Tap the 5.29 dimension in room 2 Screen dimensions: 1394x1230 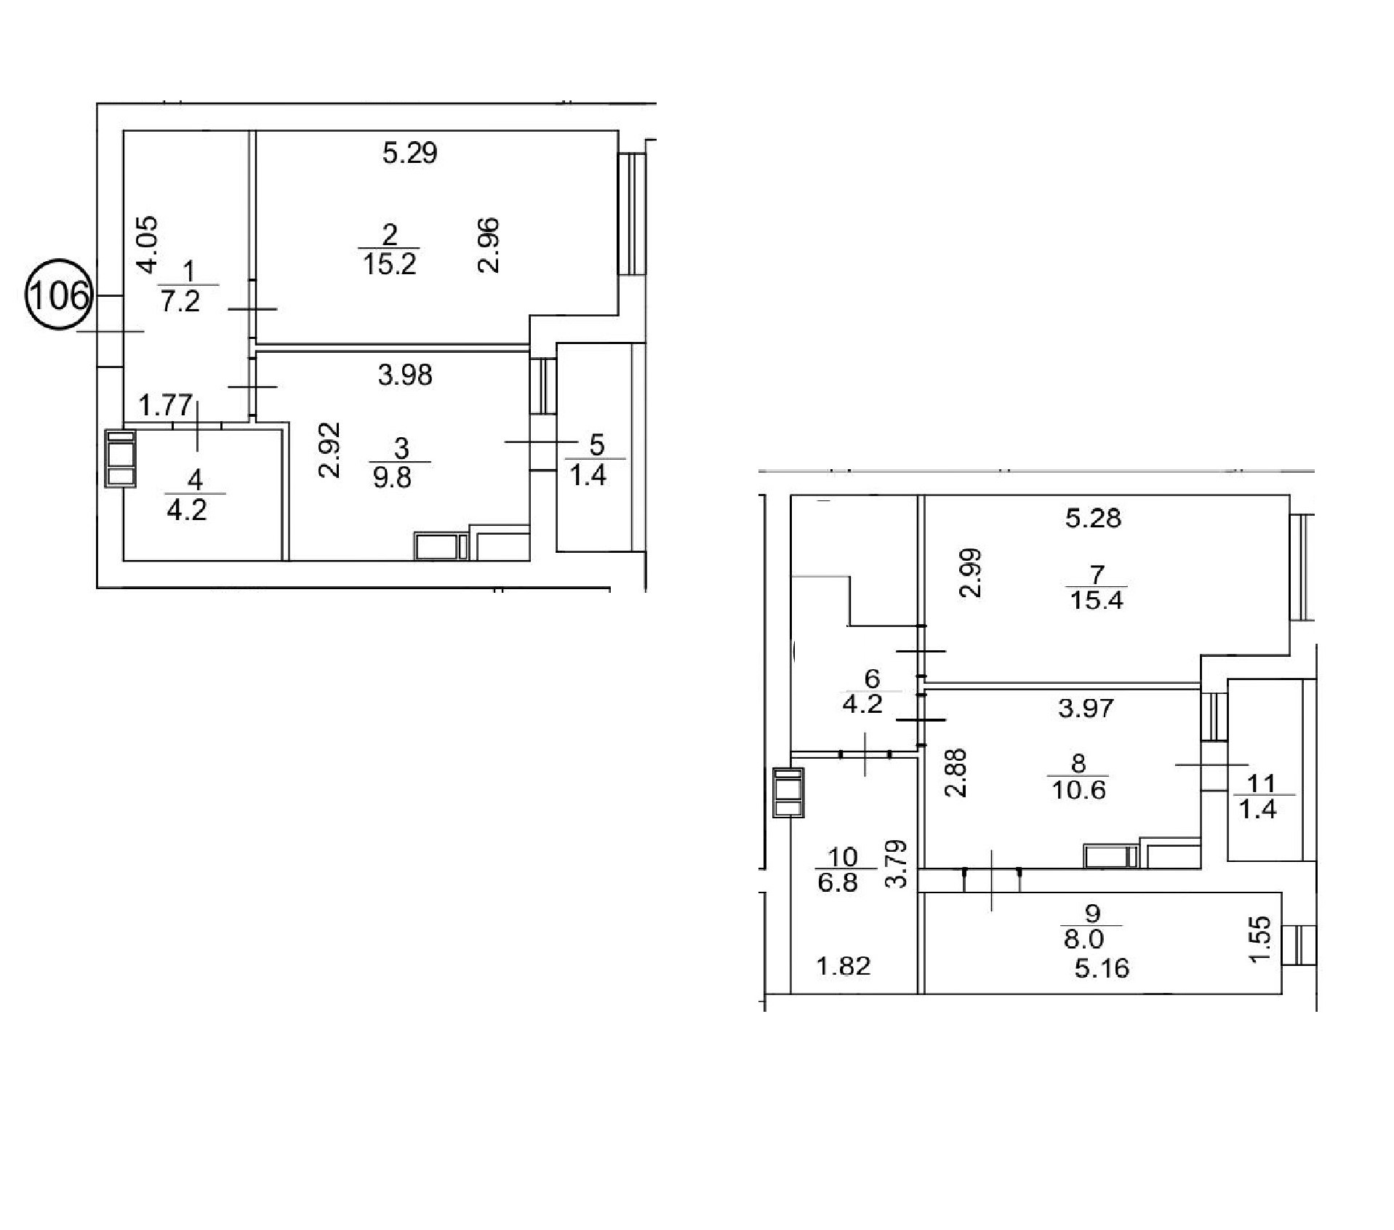410,153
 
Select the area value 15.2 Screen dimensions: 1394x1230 389,263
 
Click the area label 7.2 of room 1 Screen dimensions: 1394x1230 180,301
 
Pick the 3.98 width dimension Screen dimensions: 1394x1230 405,375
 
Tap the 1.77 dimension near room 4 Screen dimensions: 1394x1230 166,404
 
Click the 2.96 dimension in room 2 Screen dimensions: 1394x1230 489,245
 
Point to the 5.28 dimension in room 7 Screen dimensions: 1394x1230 1094,519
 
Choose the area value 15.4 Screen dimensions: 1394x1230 1097,601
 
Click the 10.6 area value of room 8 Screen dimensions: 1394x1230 1078,789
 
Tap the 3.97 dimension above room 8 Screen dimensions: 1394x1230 1086,708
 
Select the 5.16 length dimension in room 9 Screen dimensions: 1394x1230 1102,968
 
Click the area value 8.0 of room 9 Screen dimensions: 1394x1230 1084,939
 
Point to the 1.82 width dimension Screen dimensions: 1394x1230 844,967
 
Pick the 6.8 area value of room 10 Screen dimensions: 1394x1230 838,883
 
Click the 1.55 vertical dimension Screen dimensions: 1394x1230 1262,939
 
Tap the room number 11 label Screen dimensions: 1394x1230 1261,783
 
